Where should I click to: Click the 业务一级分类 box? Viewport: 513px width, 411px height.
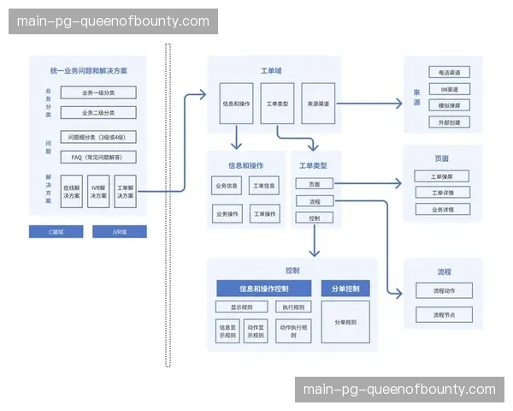click(x=97, y=93)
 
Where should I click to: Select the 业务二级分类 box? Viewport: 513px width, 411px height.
click(x=97, y=112)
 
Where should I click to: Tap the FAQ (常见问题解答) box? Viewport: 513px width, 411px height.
click(x=97, y=157)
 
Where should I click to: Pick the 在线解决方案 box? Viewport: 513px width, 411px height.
click(x=72, y=192)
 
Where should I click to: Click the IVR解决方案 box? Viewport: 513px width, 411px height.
click(x=98, y=192)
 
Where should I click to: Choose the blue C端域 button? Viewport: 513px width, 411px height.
click(x=55, y=231)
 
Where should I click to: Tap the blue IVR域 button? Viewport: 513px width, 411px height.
click(x=120, y=231)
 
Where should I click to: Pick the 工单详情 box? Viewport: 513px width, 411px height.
click(x=443, y=193)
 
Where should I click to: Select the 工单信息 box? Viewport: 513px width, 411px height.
click(x=263, y=186)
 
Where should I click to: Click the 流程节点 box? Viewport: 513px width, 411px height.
click(x=443, y=314)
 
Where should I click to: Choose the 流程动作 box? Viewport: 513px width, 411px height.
click(x=443, y=291)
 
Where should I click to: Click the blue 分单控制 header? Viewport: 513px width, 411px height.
click(x=345, y=288)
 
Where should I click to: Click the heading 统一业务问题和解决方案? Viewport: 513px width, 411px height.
click(x=97, y=69)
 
